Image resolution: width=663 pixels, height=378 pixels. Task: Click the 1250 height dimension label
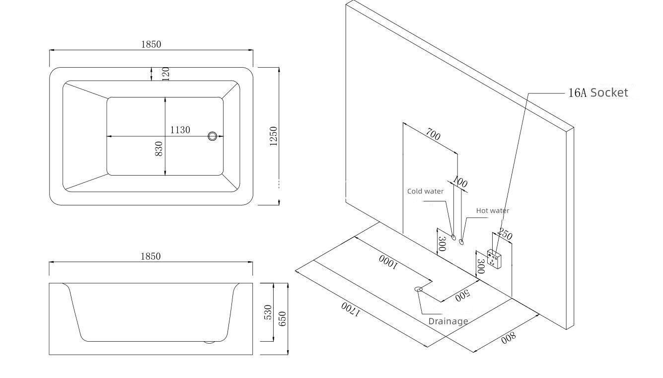[x=274, y=136]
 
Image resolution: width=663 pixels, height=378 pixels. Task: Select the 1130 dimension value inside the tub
[x=180, y=130]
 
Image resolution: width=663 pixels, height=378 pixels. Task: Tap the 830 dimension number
[x=159, y=149]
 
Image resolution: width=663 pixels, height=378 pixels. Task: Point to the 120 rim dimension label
[x=166, y=74]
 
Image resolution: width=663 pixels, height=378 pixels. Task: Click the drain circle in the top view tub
[x=213, y=136]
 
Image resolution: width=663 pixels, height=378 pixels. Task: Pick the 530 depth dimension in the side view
[x=268, y=312]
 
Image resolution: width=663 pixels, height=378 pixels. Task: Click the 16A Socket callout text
[x=598, y=93]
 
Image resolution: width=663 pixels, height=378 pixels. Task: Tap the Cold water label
[x=425, y=191]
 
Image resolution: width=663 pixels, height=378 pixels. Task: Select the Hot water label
[x=492, y=210]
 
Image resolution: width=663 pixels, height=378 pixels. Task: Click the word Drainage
[x=448, y=321]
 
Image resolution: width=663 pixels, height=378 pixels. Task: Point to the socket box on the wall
[x=494, y=259]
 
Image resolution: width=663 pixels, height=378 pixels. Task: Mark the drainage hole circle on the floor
[x=418, y=289]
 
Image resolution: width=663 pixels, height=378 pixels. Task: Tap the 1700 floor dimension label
[x=350, y=309]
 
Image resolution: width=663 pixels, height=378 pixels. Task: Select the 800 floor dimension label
[x=508, y=338]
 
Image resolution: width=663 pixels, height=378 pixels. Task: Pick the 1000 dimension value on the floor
[x=388, y=262]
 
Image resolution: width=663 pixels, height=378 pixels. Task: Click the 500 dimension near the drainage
[x=462, y=294]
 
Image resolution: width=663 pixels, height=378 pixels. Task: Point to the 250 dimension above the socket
[x=505, y=235]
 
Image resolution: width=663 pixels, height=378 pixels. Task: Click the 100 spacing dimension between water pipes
[x=460, y=183]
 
